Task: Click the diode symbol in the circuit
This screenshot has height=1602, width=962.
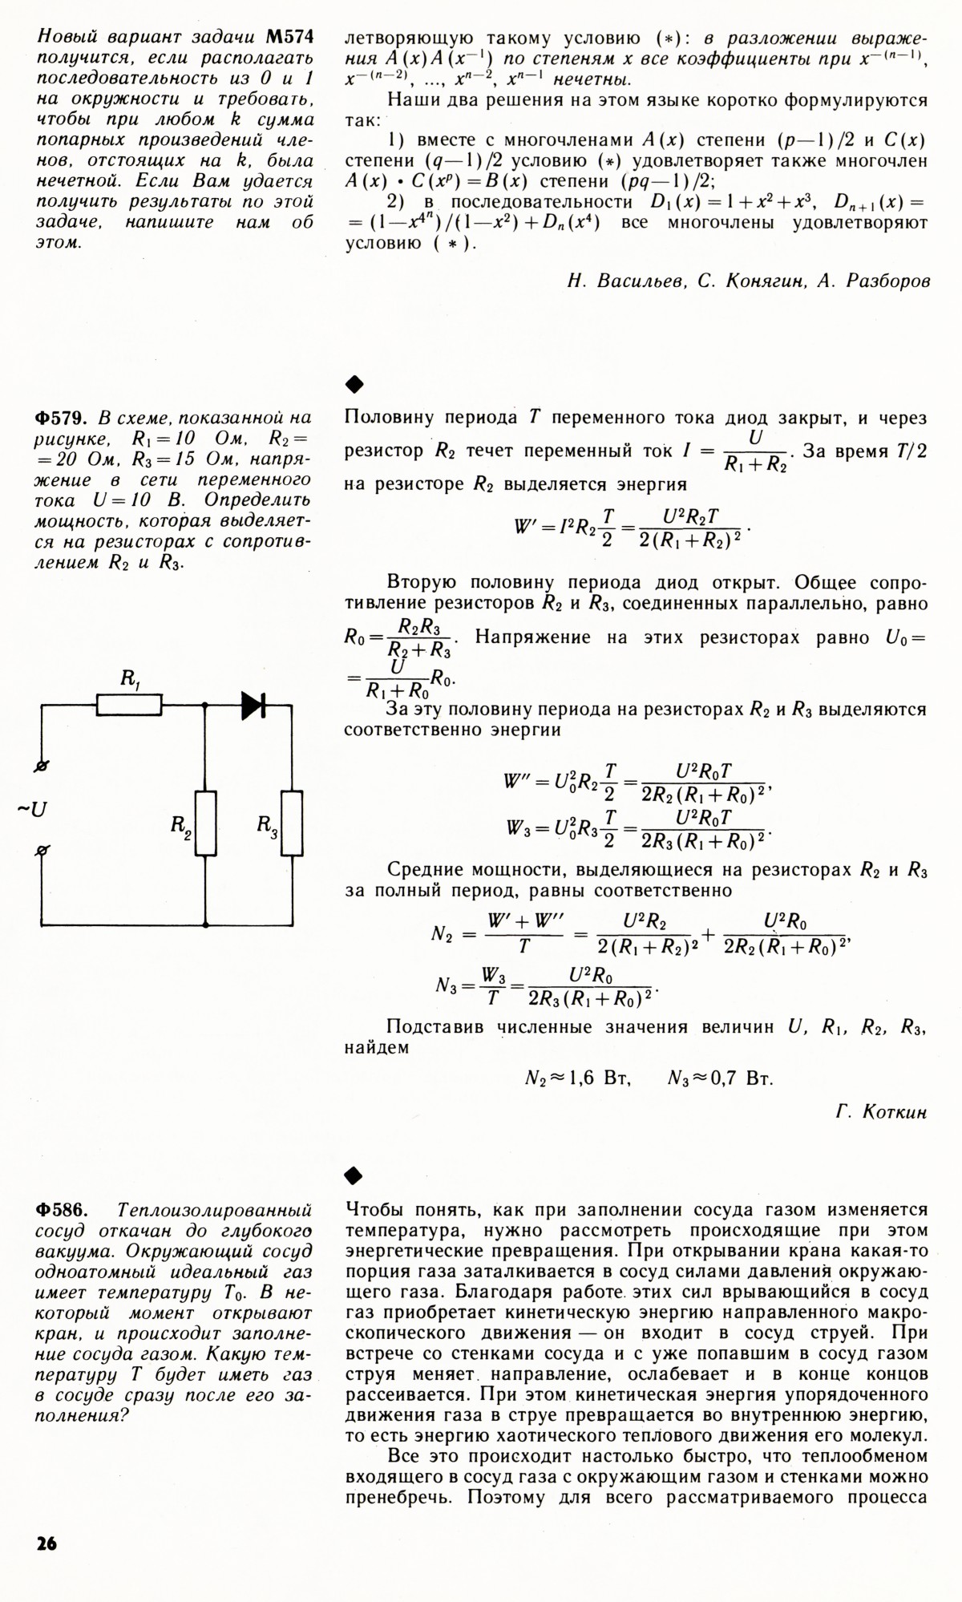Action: click(x=253, y=705)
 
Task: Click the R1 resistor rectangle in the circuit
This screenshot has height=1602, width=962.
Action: click(x=129, y=705)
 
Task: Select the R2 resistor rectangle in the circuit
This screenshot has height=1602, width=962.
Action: click(x=206, y=823)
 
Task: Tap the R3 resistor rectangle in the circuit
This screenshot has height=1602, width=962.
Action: click(x=292, y=823)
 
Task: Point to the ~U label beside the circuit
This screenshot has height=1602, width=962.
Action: click(x=33, y=809)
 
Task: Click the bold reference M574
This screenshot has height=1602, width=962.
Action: click(x=285, y=37)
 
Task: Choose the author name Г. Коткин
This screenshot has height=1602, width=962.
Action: click(x=880, y=1112)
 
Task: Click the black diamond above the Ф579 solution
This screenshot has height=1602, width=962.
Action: click(x=354, y=385)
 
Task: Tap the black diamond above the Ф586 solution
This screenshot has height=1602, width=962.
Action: click(x=354, y=1175)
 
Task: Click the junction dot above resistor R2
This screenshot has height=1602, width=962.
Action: click(x=206, y=705)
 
